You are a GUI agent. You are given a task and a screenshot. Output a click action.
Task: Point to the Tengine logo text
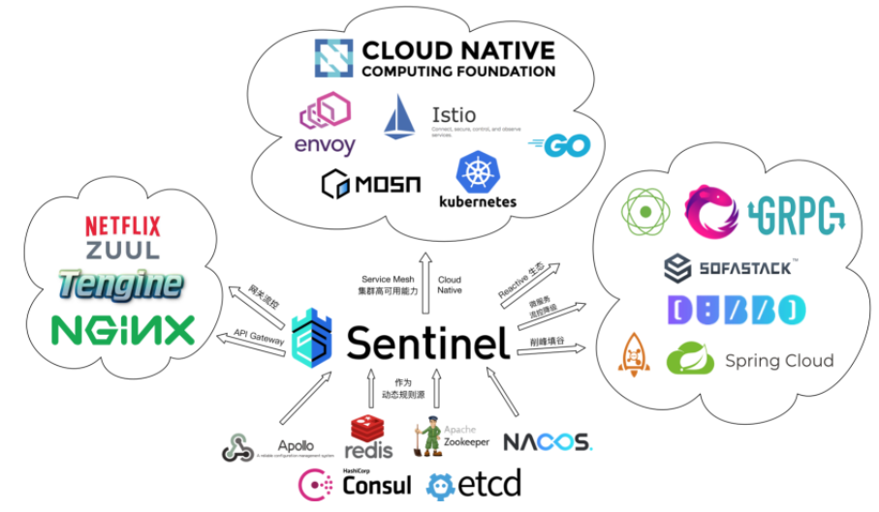point(120,285)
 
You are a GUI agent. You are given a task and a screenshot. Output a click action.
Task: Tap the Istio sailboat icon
point(399,117)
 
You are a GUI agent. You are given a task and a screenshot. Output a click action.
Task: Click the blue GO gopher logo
point(560,146)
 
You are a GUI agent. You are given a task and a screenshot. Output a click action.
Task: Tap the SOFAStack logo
point(731,266)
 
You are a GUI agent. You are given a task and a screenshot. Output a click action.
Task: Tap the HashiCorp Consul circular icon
point(316,483)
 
